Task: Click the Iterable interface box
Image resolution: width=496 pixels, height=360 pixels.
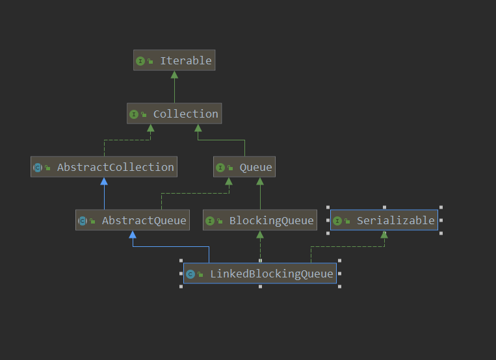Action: tap(174, 60)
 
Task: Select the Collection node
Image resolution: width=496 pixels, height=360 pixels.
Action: tap(174, 114)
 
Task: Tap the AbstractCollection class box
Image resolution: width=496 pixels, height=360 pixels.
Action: tap(104, 167)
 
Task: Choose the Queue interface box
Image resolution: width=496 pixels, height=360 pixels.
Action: tap(244, 167)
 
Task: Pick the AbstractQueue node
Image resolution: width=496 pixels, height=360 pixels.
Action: tap(132, 220)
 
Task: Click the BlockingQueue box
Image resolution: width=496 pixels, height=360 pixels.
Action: tap(260, 220)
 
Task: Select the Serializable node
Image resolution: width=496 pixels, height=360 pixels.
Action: tap(384, 220)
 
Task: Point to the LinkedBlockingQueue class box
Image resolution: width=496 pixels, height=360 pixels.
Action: tap(260, 274)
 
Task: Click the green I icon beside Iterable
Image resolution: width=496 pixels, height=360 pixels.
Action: tap(140, 61)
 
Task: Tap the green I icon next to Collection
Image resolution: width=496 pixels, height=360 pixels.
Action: tap(134, 114)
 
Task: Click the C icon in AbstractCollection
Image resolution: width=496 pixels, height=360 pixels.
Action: tap(38, 168)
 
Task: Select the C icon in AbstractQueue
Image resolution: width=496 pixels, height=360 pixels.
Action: tap(83, 221)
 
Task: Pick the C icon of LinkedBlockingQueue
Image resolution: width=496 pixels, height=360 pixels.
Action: tap(190, 274)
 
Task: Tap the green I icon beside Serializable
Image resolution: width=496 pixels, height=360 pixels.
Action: tap(337, 221)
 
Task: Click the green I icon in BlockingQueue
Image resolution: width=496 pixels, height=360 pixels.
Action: tap(210, 221)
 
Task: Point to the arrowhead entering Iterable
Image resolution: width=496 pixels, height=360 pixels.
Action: tap(174, 75)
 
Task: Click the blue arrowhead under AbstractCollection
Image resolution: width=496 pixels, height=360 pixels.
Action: tap(104, 181)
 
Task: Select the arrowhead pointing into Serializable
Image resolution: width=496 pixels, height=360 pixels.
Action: tap(384, 235)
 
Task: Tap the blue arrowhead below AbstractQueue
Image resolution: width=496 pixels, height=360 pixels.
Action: tap(133, 235)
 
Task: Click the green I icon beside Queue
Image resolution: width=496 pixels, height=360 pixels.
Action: tap(220, 168)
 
